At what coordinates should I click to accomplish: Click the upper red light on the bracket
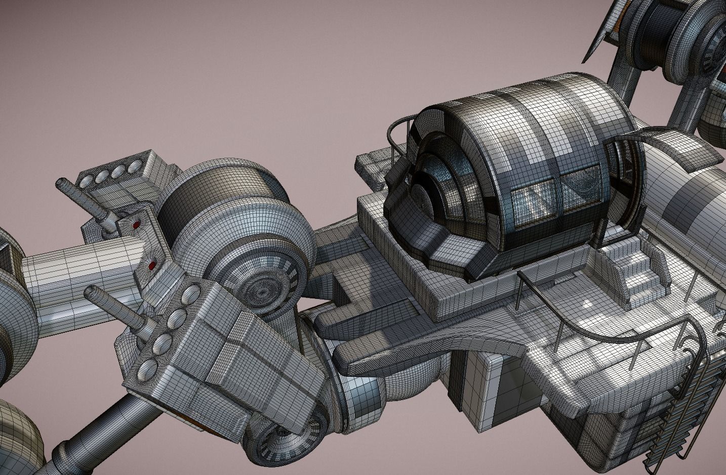tap(136, 223)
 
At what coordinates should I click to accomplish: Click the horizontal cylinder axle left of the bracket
tap(76, 264)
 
